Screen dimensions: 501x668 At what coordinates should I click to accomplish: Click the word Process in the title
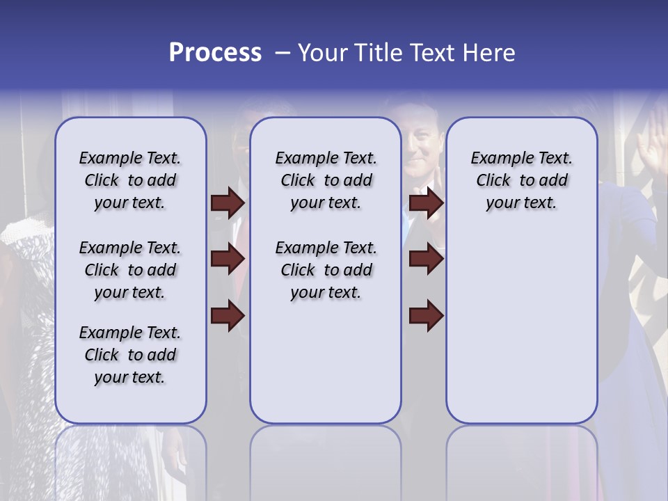[215, 53]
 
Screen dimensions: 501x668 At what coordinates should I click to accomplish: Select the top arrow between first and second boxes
[228, 203]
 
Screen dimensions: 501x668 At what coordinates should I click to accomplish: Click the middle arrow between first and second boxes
[228, 260]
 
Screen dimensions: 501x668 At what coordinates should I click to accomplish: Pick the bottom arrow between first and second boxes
[228, 316]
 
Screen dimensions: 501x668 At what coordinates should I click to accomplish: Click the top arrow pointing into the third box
[427, 203]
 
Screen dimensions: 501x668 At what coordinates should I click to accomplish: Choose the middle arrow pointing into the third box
[427, 260]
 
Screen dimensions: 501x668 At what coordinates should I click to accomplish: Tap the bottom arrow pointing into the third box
[427, 316]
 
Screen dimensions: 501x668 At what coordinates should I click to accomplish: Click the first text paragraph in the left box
[130, 180]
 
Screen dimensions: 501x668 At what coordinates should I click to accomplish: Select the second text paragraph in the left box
[130, 270]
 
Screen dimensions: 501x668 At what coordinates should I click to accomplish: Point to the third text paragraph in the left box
[130, 355]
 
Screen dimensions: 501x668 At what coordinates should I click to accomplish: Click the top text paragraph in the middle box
[326, 180]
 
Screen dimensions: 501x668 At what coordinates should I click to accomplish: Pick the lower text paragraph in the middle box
[326, 270]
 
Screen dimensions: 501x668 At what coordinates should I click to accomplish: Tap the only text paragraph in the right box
[521, 180]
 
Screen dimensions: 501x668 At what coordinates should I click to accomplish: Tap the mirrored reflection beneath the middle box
[326, 459]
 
